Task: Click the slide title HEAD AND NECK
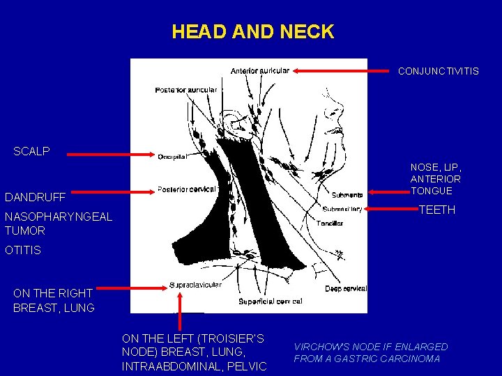coord(252,32)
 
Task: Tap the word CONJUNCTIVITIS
coord(438,71)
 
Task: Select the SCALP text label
coord(31,151)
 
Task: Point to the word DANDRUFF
coord(35,197)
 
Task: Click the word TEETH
coord(436,210)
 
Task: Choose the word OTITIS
coord(23,250)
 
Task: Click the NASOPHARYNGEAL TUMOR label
coord(58,224)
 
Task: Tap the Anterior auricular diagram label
coord(259,70)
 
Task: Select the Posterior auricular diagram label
coord(185,90)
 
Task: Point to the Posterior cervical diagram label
coord(186,189)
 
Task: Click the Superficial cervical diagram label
coord(270,301)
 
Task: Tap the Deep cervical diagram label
coord(346,288)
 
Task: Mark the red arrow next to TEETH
coord(390,209)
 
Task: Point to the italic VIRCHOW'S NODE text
coord(370,352)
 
